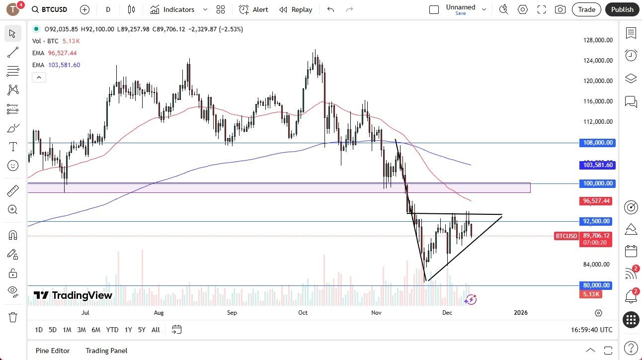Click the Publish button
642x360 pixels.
(x=622, y=9)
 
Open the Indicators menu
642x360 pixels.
(x=178, y=9)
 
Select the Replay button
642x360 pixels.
(x=296, y=9)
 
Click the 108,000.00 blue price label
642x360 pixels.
(x=597, y=143)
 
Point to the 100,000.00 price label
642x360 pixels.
(x=597, y=183)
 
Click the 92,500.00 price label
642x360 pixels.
(x=597, y=221)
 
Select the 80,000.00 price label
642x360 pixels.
(x=597, y=285)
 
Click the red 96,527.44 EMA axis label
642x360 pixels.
(x=597, y=201)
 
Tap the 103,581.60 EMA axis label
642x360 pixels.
(x=597, y=165)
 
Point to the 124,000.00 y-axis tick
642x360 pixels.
(x=597, y=61)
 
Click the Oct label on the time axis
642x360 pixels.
(x=303, y=313)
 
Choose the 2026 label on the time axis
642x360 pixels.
(x=520, y=313)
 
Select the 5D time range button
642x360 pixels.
(x=53, y=330)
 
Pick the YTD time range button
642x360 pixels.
(x=112, y=330)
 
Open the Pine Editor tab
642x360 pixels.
(x=53, y=351)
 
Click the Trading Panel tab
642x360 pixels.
(x=106, y=351)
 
